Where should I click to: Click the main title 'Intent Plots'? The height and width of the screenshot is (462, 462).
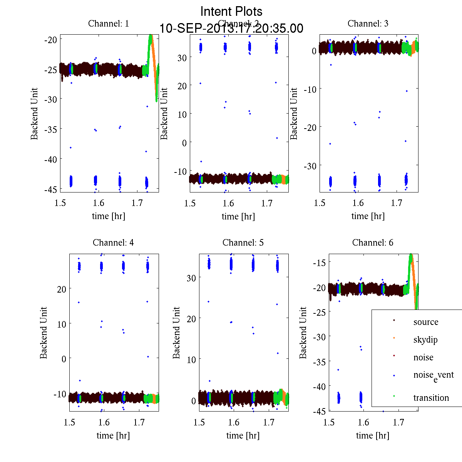point(231,11)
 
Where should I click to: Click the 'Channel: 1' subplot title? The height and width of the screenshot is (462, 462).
point(109,23)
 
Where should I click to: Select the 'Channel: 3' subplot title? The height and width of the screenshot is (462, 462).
point(368,23)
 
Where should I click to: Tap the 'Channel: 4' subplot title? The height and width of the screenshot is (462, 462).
point(113,243)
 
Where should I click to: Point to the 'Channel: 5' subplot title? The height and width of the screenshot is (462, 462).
point(243,243)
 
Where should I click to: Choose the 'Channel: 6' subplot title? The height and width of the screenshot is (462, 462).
point(373,243)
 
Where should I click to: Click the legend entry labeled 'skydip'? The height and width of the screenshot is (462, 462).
point(425,340)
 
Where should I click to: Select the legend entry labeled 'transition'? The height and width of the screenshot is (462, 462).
point(431,398)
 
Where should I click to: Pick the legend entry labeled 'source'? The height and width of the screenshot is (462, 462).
point(425,322)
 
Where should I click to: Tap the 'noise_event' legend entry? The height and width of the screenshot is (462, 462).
point(433,375)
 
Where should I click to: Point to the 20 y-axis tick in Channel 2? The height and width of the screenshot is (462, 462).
point(182,86)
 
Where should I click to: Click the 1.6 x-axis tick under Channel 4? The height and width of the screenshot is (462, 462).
point(104,422)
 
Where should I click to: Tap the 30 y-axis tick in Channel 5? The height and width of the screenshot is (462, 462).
point(191,278)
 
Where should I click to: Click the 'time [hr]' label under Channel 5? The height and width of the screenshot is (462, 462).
point(243,435)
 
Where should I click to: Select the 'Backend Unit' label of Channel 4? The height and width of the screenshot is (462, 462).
point(44,333)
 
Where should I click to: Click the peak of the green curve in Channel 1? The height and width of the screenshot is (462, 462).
point(151,36)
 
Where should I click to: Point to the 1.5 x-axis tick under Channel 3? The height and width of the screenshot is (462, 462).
point(320,203)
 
